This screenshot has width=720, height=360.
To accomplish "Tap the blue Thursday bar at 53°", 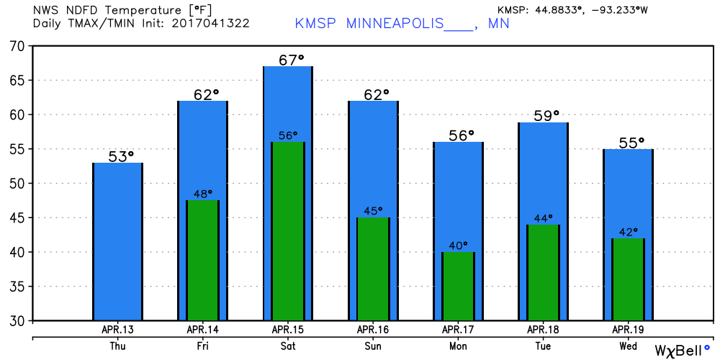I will click(x=117, y=241).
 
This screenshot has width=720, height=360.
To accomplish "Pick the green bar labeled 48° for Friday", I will click(x=202, y=260).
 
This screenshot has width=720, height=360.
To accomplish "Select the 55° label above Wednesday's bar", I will click(x=631, y=142).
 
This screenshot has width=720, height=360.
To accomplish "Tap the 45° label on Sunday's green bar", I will click(x=372, y=210).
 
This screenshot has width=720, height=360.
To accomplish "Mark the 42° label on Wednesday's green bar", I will click(x=627, y=231).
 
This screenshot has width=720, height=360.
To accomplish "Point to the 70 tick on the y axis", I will click(x=17, y=46).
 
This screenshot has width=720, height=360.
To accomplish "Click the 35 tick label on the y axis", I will click(x=17, y=287).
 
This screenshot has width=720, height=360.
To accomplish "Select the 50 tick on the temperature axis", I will click(x=17, y=184).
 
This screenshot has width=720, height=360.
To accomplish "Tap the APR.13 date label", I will click(x=118, y=330).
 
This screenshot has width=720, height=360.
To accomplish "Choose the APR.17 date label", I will click(x=458, y=330).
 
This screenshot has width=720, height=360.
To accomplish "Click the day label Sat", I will click(x=288, y=346).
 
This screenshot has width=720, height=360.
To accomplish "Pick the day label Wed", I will click(x=628, y=346).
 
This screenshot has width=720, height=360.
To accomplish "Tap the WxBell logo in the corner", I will click(x=681, y=350).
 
